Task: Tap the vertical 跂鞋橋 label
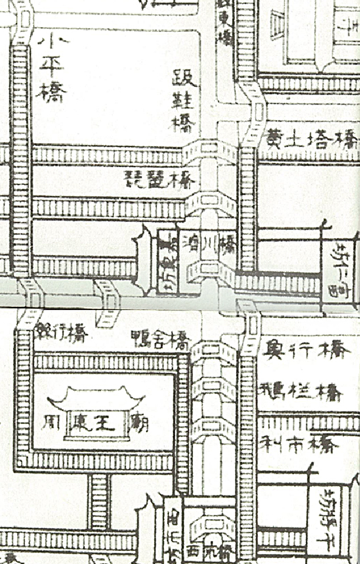click(184, 101)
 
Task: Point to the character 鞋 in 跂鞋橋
click(184, 101)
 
